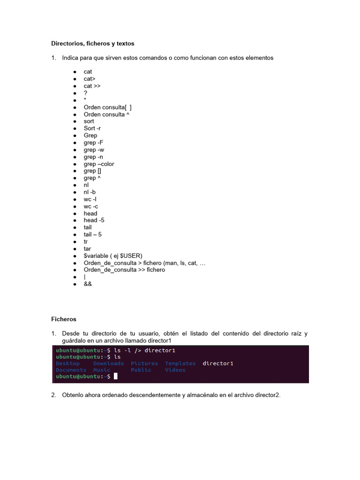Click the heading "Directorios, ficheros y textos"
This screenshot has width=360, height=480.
point(92,44)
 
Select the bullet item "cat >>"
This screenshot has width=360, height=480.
point(92,86)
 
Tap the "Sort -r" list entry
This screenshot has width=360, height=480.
point(92,128)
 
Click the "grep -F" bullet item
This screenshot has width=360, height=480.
point(93,142)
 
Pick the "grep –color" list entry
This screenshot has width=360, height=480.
point(98,164)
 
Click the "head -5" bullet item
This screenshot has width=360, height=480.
point(94,220)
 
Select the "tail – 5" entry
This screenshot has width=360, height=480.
point(92,234)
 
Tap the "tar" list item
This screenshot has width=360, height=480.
point(88,249)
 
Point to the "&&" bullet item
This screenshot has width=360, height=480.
point(88,284)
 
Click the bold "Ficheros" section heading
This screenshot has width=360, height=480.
point(64,319)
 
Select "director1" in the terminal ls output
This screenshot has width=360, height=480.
point(218,363)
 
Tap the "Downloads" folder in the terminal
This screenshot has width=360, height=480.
point(108,363)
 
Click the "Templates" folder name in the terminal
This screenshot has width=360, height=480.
point(180,363)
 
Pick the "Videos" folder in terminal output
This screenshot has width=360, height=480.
point(175,370)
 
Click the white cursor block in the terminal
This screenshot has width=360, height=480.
point(115,376)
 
